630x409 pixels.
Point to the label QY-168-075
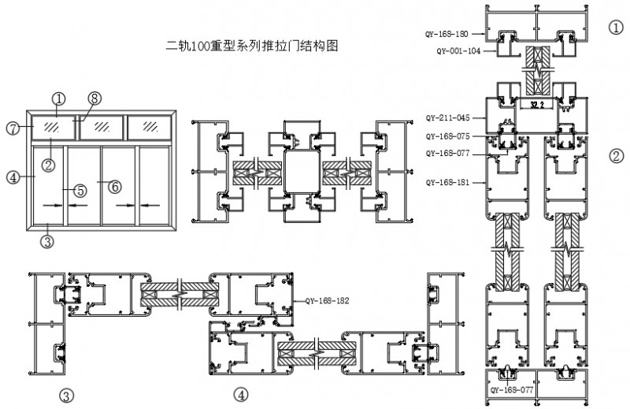point(448,136)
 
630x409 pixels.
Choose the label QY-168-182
point(327,301)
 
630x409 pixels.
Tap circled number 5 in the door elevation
point(80,190)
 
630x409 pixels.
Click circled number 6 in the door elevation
point(115,187)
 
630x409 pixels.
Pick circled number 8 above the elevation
point(94,99)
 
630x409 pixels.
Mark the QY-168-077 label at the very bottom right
point(513,389)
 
